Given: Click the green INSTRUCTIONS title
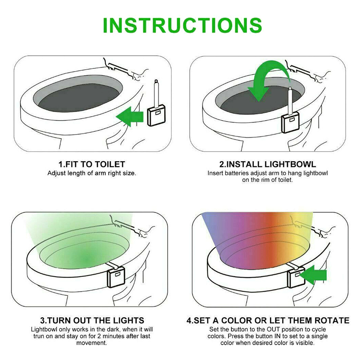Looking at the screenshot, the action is (182, 25).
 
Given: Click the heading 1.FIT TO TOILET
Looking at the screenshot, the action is (92, 164).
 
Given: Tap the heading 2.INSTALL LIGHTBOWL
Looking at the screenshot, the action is (267, 164).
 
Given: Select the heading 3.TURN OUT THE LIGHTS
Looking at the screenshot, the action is (92, 320).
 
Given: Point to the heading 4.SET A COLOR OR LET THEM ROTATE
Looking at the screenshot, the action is (268, 320).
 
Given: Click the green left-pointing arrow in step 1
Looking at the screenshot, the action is (130, 117).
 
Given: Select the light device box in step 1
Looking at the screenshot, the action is (156, 115).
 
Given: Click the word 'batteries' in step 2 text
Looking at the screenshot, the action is (237, 173).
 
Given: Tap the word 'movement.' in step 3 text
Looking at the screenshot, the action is (92, 343).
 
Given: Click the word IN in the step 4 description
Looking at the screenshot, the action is (277, 336).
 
